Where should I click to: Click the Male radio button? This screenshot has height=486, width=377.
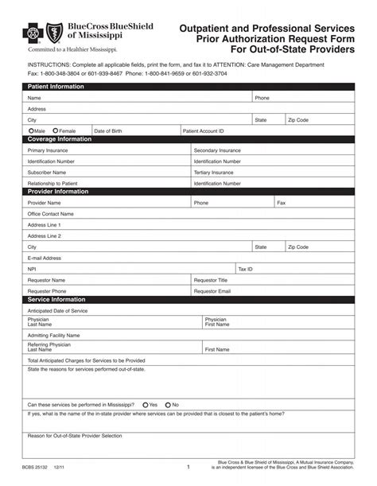(x=31, y=130)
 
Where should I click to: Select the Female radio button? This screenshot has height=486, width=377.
(x=56, y=130)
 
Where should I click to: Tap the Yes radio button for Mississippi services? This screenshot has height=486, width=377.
(x=144, y=404)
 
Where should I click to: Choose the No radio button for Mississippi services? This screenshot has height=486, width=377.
(x=167, y=404)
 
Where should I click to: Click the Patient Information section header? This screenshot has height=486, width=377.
(x=56, y=86)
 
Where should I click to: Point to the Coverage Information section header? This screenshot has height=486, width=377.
(x=60, y=139)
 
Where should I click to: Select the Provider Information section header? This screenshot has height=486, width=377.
(x=58, y=192)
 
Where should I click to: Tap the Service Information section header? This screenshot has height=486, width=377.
(x=56, y=299)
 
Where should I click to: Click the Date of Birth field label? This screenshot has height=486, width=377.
(x=108, y=130)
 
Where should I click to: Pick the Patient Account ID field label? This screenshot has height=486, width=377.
(x=203, y=130)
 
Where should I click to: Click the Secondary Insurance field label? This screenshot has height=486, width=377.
(x=217, y=150)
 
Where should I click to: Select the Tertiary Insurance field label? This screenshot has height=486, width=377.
(x=214, y=172)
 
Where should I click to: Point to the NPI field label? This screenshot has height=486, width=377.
(x=32, y=269)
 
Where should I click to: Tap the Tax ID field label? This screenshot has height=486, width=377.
(x=246, y=269)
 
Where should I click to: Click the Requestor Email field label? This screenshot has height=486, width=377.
(x=212, y=291)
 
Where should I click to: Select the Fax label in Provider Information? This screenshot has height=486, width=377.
(x=281, y=203)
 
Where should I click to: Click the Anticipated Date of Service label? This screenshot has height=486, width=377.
(x=57, y=310)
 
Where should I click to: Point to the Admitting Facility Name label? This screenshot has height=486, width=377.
(x=53, y=335)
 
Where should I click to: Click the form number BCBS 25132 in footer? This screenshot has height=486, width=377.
(x=36, y=468)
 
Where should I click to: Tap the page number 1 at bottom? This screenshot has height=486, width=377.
(x=188, y=468)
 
